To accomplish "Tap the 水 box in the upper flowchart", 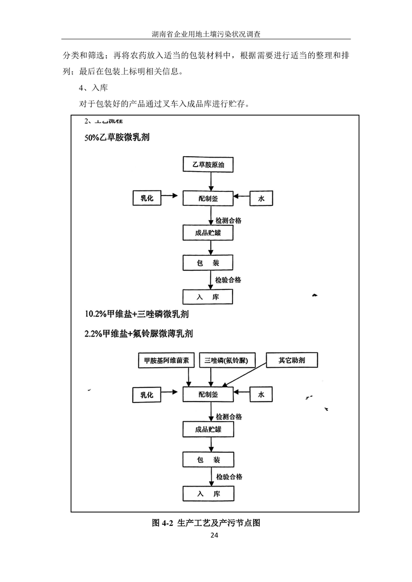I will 261,198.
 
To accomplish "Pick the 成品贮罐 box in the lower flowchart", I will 208,429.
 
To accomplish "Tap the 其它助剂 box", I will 292,360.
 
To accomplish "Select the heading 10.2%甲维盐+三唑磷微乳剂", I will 136,314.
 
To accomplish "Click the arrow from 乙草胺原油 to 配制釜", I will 210,181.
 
